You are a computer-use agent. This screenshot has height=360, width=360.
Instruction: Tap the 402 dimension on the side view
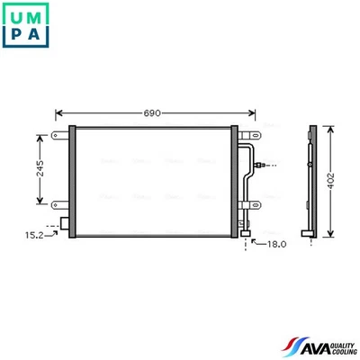(x=332, y=179)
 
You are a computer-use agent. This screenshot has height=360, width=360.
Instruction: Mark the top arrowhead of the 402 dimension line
(x=332, y=128)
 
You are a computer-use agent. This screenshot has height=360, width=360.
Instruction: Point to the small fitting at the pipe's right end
(x=260, y=166)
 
